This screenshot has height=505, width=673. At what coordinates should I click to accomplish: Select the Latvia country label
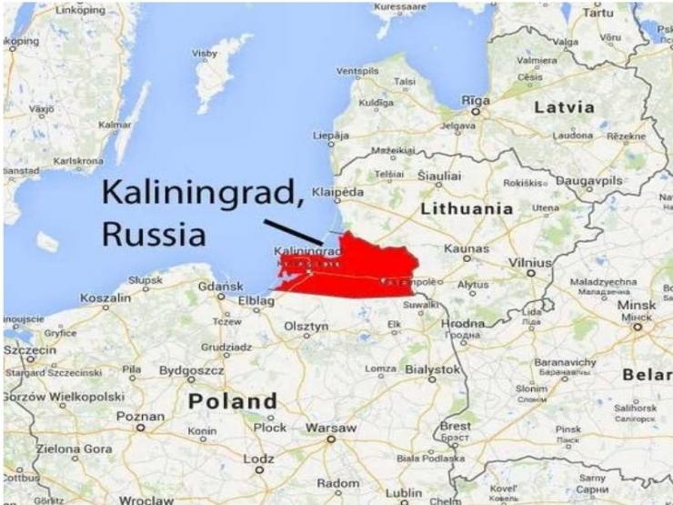[x=564, y=107]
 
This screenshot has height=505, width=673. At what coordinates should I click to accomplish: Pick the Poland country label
[x=232, y=401]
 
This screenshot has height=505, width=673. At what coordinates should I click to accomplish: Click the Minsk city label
[x=637, y=307]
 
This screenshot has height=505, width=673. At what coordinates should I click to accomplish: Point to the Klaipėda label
[x=337, y=193]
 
